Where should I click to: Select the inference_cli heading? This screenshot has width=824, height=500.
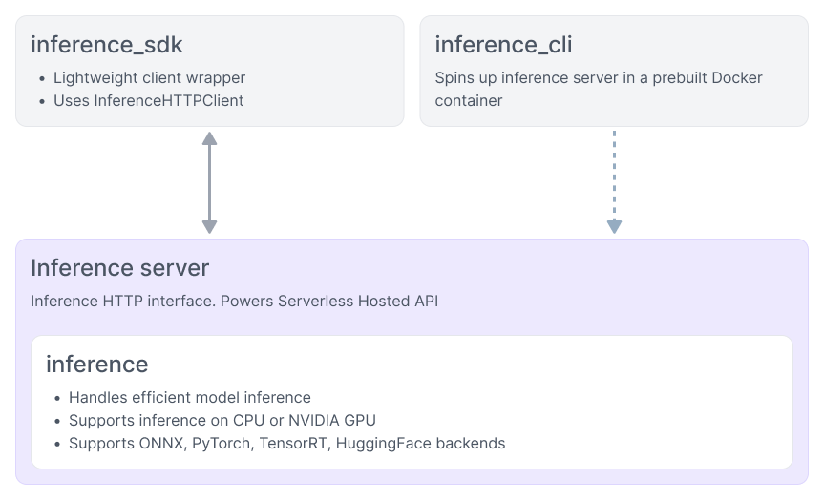click(x=503, y=45)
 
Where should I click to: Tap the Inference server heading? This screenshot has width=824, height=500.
click(x=119, y=267)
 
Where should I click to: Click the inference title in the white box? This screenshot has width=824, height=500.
click(x=96, y=364)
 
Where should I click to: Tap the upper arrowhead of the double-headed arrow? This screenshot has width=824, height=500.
click(x=209, y=139)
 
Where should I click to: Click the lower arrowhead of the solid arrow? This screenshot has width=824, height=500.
click(x=209, y=226)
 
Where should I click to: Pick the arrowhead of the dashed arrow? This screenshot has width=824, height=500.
click(x=614, y=226)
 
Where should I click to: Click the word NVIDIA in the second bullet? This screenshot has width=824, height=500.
click(x=309, y=420)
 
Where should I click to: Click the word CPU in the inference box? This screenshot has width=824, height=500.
click(x=248, y=420)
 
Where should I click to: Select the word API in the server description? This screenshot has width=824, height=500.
click(x=425, y=301)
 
